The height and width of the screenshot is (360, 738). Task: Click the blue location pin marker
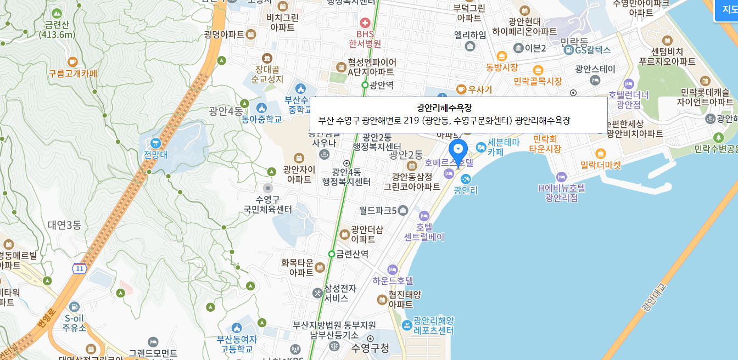[x=458, y=150]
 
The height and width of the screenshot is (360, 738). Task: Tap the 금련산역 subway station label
[x=353, y=254]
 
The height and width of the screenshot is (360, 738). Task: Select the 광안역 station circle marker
[x=365, y=85]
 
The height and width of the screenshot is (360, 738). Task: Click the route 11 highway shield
[x=80, y=268]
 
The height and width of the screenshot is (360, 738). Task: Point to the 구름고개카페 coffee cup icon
[x=72, y=61]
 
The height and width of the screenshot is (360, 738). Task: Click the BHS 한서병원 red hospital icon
[x=365, y=23]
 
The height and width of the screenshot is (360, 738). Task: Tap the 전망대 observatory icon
[x=155, y=143]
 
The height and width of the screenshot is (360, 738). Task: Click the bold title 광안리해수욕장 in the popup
[x=444, y=108]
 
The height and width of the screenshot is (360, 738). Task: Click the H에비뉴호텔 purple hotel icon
[x=561, y=177]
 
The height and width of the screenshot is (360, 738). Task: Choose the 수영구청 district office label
[x=370, y=347]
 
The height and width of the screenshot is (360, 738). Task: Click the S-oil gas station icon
[x=75, y=306]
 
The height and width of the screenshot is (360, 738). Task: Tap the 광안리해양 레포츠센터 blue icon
[x=406, y=325]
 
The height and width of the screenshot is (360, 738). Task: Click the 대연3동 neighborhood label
[x=64, y=224]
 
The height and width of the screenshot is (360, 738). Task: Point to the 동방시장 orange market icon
[x=501, y=56]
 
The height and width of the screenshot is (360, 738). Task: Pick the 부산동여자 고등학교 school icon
[x=237, y=328]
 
